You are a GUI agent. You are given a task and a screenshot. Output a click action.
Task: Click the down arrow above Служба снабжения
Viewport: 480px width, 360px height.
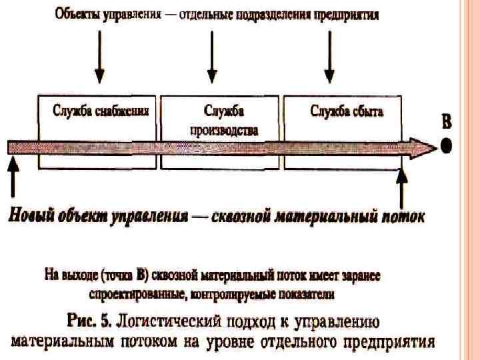(99, 56)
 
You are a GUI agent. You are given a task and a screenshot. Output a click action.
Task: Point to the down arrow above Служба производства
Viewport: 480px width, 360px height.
(213, 56)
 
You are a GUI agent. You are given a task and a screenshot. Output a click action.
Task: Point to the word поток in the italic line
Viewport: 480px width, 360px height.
(401, 217)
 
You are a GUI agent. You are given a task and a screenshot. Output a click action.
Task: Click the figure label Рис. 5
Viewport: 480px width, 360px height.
(89, 322)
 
